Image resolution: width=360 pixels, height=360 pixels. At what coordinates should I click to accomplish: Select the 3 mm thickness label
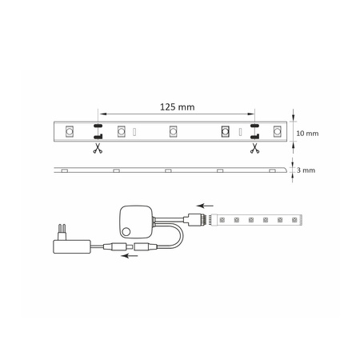click(306, 171)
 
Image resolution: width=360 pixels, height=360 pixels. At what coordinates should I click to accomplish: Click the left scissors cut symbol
click(98, 148)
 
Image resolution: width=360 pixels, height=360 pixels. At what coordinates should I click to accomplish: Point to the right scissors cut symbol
click(254, 148)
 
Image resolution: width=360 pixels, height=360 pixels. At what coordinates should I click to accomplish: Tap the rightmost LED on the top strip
click(278, 130)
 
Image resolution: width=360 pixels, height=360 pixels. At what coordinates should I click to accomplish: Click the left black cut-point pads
click(98, 130)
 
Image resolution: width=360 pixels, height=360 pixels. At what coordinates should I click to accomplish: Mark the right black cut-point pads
click(254, 130)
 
